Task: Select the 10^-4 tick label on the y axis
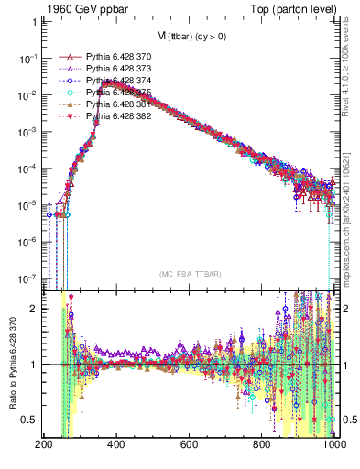pyautogui.click(x=27, y=169)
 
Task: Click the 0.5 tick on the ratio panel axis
pyautogui.click(x=29, y=420)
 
